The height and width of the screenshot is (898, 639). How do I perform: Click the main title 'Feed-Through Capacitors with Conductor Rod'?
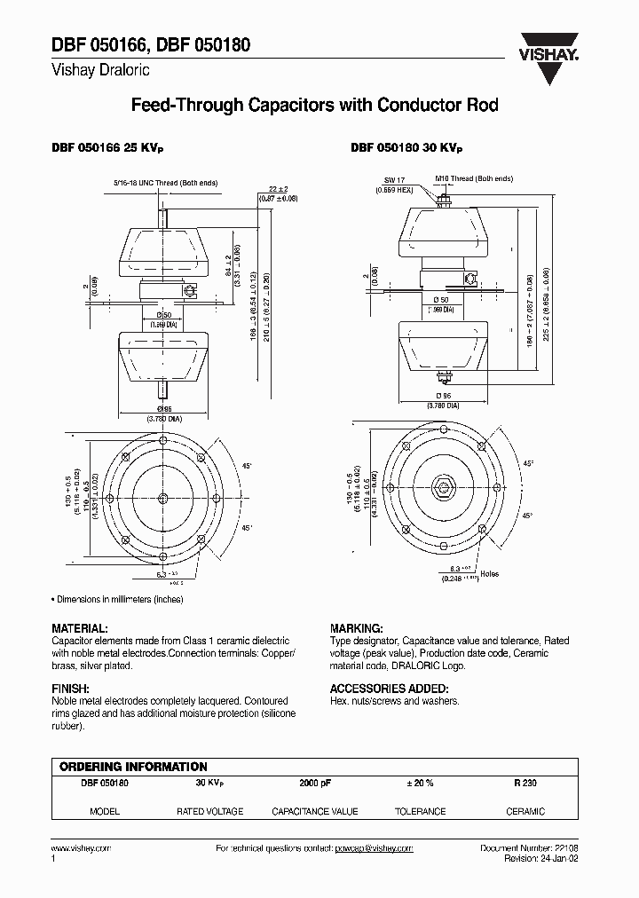point(314,106)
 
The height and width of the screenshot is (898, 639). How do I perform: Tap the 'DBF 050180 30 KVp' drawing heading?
point(406,149)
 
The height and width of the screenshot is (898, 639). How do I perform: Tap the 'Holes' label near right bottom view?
point(489,574)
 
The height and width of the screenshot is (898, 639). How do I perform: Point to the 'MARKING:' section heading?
point(356,626)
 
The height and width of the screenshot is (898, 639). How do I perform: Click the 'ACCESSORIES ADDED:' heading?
point(389,688)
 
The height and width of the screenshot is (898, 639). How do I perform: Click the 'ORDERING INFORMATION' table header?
point(133,766)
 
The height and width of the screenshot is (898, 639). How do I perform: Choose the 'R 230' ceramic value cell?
point(525,784)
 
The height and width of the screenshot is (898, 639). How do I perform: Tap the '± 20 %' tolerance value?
point(420,784)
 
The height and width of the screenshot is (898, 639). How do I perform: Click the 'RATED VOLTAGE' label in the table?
point(209,811)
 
